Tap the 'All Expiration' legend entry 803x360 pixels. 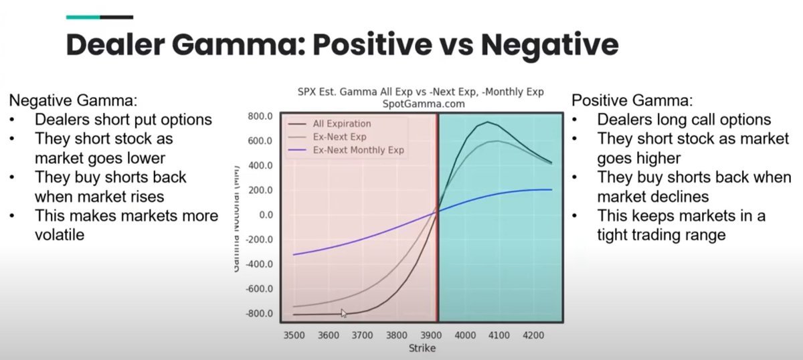pyautogui.click(x=341, y=124)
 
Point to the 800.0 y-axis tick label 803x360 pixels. pyautogui.click(x=260, y=116)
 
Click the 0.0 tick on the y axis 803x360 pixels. pyautogui.click(x=266, y=215)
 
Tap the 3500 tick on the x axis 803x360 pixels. pyautogui.click(x=294, y=334)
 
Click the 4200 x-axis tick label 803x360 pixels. pyautogui.click(x=533, y=334)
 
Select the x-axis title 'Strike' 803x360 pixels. pyautogui.click(x=422, y=348)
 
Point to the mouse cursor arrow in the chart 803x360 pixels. pyautogui.click(x=343, y=312)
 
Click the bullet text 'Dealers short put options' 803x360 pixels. pyautogui.click(x=123, y=120)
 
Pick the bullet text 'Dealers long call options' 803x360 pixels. pyautogui.click(x=684, y=120)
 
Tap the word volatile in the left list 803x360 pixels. pyautogui.click(x=60, y=235)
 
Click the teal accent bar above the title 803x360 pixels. pyautogui.click(x=82, y=17)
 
